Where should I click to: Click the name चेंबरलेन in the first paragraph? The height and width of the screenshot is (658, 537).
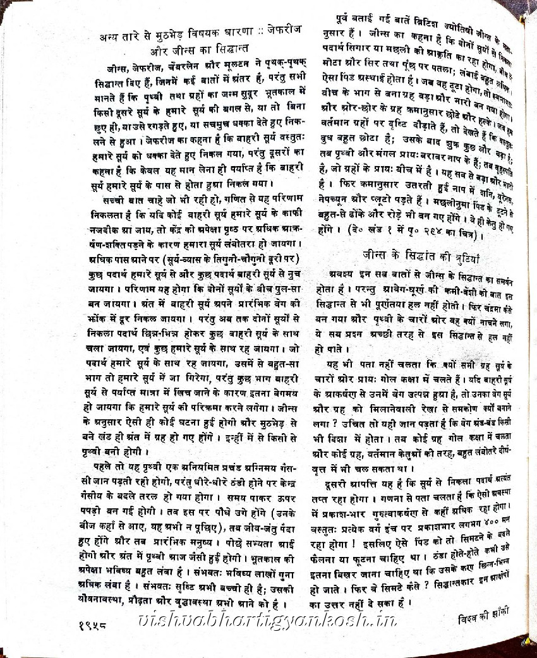[186, 65]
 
